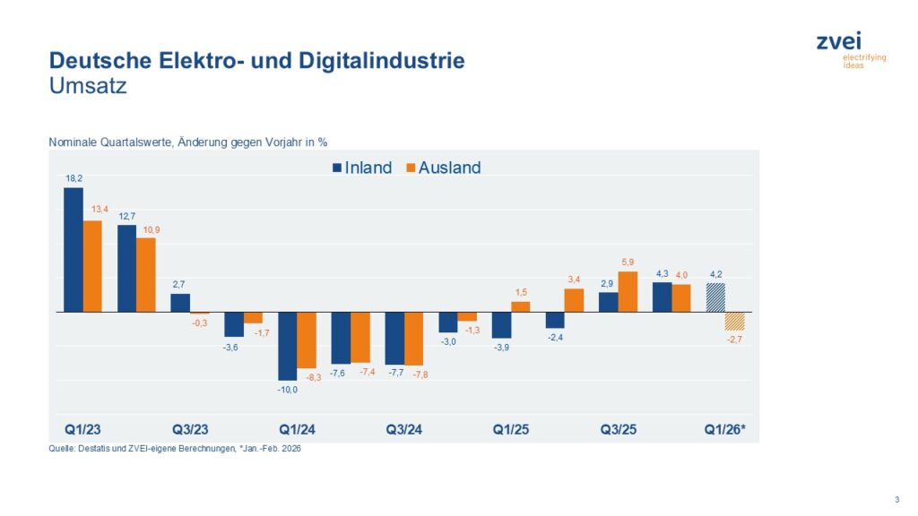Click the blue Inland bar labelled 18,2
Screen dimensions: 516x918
pyautogui.click(x=74, y=249)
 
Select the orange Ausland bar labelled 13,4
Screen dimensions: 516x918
pyautogui.click(x=92, y=266)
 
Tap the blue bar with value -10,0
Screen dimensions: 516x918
pyautogui.click(x=288, y=346)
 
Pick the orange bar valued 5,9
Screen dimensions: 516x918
pyautogui.click(x=628, y=292)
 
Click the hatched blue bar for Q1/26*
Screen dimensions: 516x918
pyautogui.click(x=715, y=297)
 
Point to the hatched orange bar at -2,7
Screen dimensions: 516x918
pyautogui.click(x=735, y=321)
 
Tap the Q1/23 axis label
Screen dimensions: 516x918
pyautogui.click(x=82, y=430)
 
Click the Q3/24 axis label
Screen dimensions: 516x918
pyautogui.click(x=404, y=430)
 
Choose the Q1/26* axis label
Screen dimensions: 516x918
pyautogui.click(x=724, y=430)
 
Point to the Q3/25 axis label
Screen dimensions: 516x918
pyautogui.click(x=619, y=430)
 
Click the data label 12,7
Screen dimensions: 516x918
pyautogui.click(x=126, y=216)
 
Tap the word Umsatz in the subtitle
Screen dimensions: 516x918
pyautogui.click(x=88, y=87)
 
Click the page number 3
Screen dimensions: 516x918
pyautogui.click(x=897, y=499)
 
